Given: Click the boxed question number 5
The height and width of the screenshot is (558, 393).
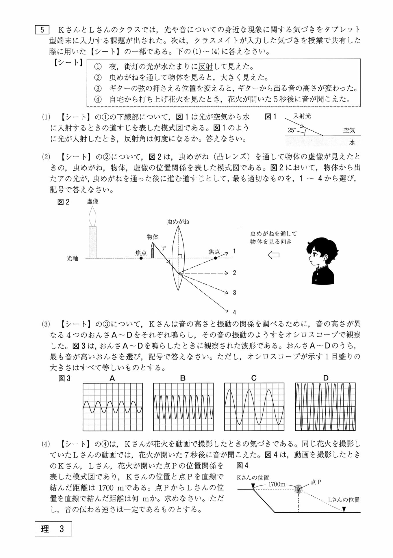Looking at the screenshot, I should pos(42,30).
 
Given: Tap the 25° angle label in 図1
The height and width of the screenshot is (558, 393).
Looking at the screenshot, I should pos(292,130).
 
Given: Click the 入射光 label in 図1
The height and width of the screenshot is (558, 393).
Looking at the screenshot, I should pos(302,116).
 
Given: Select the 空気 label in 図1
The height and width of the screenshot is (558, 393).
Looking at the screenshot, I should pos(349,130).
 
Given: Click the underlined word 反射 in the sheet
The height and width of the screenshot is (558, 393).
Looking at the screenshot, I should pos(205,67).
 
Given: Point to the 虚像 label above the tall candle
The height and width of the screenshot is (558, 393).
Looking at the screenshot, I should pos(93,201).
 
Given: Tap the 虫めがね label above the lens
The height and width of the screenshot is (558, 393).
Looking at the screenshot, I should pos(178,222).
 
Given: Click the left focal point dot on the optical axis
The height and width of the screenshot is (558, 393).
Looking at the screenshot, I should pos(141,258).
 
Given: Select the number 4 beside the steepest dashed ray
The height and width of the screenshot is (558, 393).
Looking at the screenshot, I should pos(234,312).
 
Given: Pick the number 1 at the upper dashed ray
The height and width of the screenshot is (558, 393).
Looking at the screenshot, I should pos(234,251).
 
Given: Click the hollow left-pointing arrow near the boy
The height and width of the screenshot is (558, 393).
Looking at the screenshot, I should pos(273,255).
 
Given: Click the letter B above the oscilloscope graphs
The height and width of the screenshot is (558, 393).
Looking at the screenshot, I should pos(183,378).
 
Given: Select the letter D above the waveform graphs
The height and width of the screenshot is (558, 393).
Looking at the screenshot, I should pos(326,378).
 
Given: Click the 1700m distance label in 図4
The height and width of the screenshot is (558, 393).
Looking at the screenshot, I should pos(277,484).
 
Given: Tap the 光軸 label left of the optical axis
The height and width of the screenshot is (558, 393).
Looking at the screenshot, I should pos(72,259).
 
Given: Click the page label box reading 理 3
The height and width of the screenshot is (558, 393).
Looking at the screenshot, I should pos(53,529).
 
